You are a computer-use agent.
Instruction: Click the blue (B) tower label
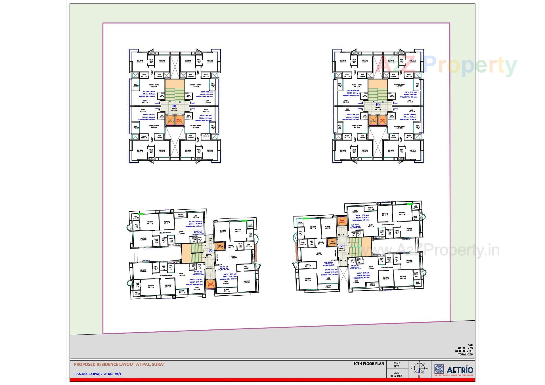pyautogui.click(x=174, y=106)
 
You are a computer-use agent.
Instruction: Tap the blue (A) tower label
pyautogui.click(x=210, y=251)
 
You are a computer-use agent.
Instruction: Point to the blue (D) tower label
pyautogui.click(x=341, y=246)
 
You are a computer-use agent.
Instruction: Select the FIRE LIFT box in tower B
pyautogui.click(x=180, y=120)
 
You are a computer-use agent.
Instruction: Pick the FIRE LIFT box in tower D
pyautogui.click(x=341, y=221)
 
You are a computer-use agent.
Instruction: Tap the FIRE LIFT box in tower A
pyautogui.click(x=211, y=284)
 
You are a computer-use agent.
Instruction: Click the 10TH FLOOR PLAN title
pyautogui.click(x=368, y=364)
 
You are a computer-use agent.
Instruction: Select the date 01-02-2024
pyautogui.click(x=396, y=376)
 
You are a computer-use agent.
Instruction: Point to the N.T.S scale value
pyautogui.click(x=397, y=366)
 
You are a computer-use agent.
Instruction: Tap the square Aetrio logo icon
pyautogui.click(x=439, y=369)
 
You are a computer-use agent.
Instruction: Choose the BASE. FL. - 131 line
pyautogui.click(x=464, y=351)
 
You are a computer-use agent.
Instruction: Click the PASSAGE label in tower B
pyautogui.click(x=174, y=108)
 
